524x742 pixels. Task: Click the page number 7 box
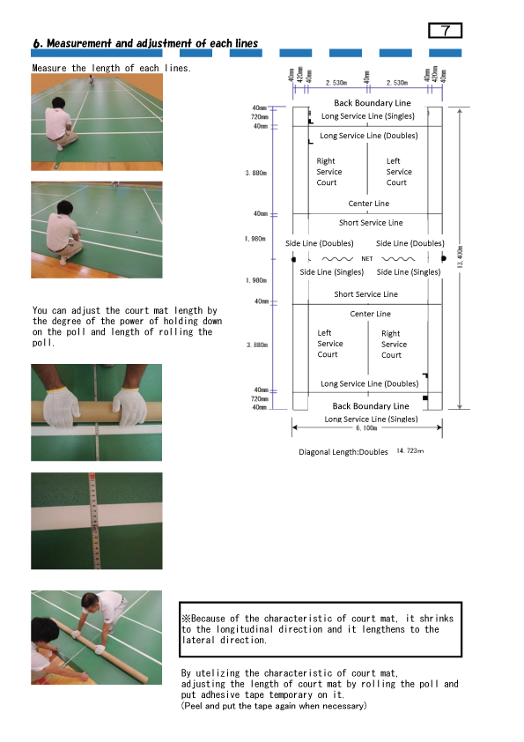447,31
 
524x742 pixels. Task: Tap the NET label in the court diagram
367,259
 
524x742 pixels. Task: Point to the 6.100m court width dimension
367,427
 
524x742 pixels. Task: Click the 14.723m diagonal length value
410,451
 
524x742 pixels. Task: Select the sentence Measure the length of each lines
112,68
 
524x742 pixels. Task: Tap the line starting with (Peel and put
273,706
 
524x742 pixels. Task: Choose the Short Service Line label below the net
365,294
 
